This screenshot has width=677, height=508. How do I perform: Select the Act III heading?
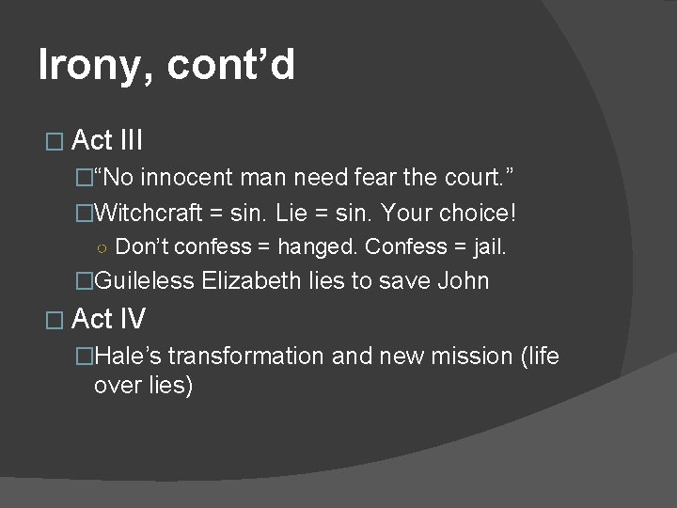107,141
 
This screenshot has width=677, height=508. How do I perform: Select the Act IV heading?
108,319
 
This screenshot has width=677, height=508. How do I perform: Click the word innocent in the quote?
192,177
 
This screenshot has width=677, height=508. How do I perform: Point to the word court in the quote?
476,177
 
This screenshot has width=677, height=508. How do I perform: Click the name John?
463,280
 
